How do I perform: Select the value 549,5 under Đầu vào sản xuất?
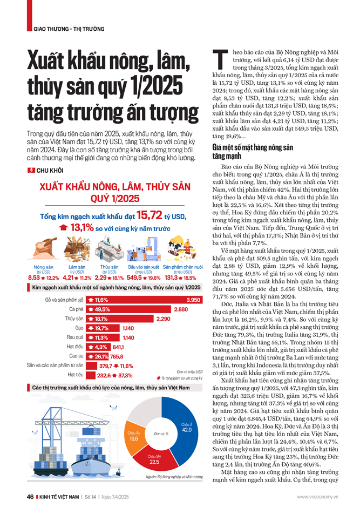pyautogui.click(x=137, y=278)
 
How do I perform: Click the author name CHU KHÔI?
pyautogui.click(x=47, y=172)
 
